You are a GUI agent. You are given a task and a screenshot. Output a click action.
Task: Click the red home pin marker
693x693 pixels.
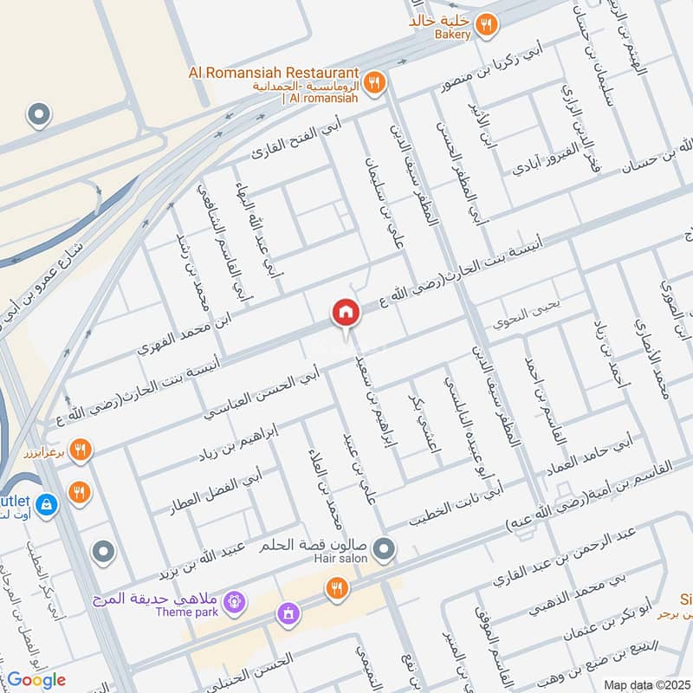pos(346,313)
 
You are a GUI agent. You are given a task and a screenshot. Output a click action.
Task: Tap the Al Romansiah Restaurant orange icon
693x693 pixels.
pos(374,82)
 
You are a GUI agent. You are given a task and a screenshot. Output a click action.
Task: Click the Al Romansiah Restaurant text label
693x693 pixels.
pos(274,72)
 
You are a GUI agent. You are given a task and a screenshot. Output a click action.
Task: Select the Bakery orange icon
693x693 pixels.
pos(487,25)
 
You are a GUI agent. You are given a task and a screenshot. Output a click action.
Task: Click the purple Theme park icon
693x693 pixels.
pos(233,599)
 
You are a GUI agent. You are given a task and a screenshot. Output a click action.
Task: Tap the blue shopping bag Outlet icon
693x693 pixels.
pos(49,503)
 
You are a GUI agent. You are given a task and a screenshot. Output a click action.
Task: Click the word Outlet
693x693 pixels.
pos(16,502)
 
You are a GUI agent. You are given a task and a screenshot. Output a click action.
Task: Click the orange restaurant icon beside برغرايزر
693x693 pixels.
pos(81,449)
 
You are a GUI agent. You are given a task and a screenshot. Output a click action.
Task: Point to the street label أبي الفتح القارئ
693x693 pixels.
pos(292,143)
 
